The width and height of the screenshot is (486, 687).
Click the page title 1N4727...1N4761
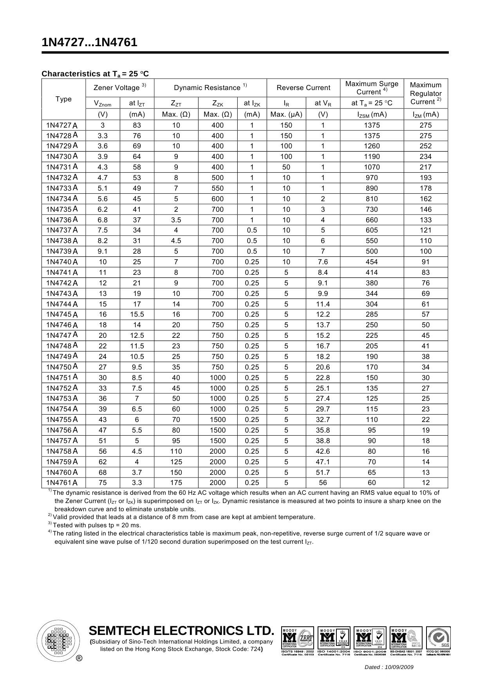coord(90,42)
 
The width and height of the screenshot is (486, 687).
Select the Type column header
coord(63,99)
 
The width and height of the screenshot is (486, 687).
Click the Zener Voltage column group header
coord(120,88)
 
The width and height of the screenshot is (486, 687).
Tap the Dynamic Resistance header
coord(210,88)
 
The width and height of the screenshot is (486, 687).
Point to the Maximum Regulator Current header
coord(426,93)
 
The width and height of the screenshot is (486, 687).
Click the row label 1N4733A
coord(62,188)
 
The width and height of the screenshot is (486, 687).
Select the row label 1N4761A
coord(62,483)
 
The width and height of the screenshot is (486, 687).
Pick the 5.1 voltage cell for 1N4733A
coord(103,188)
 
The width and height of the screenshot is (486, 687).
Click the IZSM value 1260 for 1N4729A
coord(372,146)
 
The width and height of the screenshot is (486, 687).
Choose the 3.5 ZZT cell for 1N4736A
coord(176,220)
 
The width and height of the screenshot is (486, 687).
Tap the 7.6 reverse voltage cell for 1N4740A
coord(323,262)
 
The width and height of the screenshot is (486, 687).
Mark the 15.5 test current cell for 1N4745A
coord(137,314)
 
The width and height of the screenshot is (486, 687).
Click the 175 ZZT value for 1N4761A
coord(176,483)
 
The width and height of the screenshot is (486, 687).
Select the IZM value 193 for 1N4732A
coord(426,177)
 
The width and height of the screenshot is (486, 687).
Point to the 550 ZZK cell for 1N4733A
coord(217,188)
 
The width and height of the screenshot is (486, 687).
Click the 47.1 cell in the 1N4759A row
coord(323,462)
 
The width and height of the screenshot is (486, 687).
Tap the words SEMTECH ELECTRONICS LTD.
coord(181,631)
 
